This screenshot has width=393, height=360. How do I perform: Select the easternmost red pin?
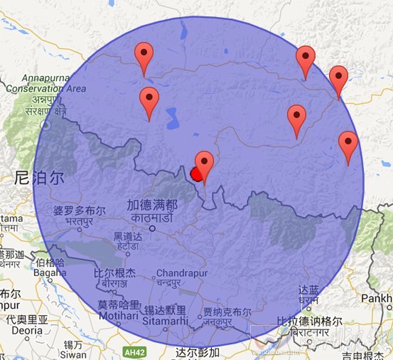[x=348, y=144]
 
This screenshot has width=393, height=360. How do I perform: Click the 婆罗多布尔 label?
[x=79, y=211]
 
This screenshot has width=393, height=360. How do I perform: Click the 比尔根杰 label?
[x=114, y=272]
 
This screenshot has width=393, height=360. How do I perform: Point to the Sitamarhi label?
[x=166, y=321]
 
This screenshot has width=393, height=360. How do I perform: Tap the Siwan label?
[x=73, y=354]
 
